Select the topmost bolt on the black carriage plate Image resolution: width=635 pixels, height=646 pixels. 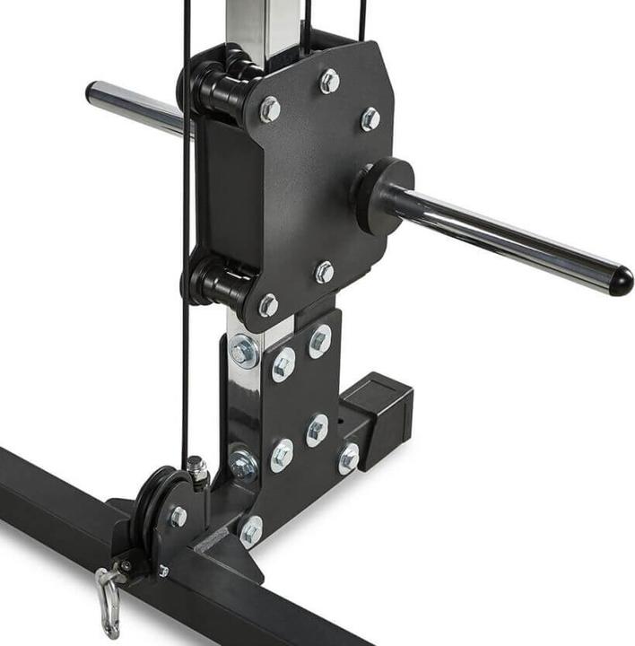click(330, 82)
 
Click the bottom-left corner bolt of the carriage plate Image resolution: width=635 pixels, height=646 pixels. click(268, 305)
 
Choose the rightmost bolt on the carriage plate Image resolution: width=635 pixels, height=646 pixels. click(370, 118)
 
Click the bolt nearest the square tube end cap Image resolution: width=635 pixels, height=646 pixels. click(349, 458)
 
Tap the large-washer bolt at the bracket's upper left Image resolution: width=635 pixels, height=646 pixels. click(244, 350)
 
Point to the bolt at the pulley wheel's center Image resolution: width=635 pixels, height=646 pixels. click(178, 516)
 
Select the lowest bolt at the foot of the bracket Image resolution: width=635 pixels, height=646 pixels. click(251, 532)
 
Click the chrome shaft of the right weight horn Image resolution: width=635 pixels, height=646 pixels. click(502, 239)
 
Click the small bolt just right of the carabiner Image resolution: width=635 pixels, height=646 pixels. click(162, 571)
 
